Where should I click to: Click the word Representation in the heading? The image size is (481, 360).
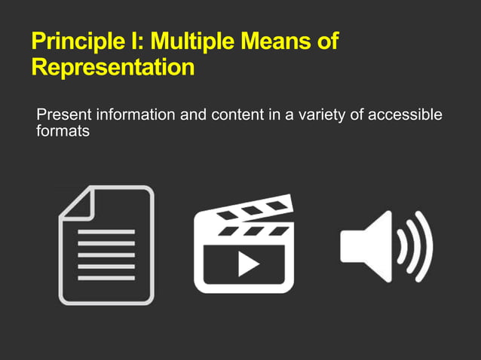[x=113, y=68]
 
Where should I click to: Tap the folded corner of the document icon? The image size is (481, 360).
[x=76, y=203]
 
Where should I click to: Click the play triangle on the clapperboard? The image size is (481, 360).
[x=246, y=263]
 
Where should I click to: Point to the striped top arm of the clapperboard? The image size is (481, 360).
[x=245, y=210]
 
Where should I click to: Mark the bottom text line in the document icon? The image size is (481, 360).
[x=106, y=278]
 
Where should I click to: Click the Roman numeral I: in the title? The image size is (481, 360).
[x=140, y=42]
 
